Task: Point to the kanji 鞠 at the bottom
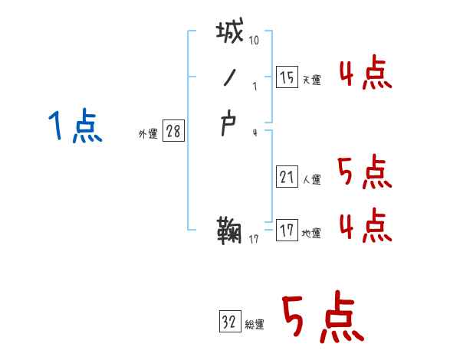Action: click(231, 230)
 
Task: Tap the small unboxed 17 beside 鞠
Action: click(255, 241)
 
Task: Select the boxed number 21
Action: click(287, 177)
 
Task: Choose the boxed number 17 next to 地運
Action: click(287, 230)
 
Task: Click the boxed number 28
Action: click(173, 131)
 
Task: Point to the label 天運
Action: click(312, 80)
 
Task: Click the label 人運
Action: click(312, 180)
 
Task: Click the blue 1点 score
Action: click(75, 126)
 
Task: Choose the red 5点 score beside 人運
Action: click(365, 173)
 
